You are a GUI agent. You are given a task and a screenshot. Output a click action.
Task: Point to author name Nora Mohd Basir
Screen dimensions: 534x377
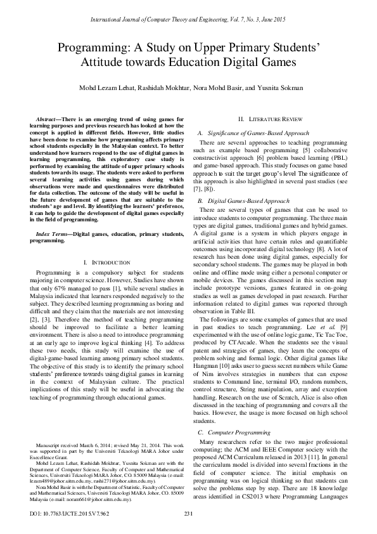pyautogui.click(x=219, y=88)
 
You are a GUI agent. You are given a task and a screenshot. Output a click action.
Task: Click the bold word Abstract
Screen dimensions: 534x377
pyautogui.click(x=48, y=119)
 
